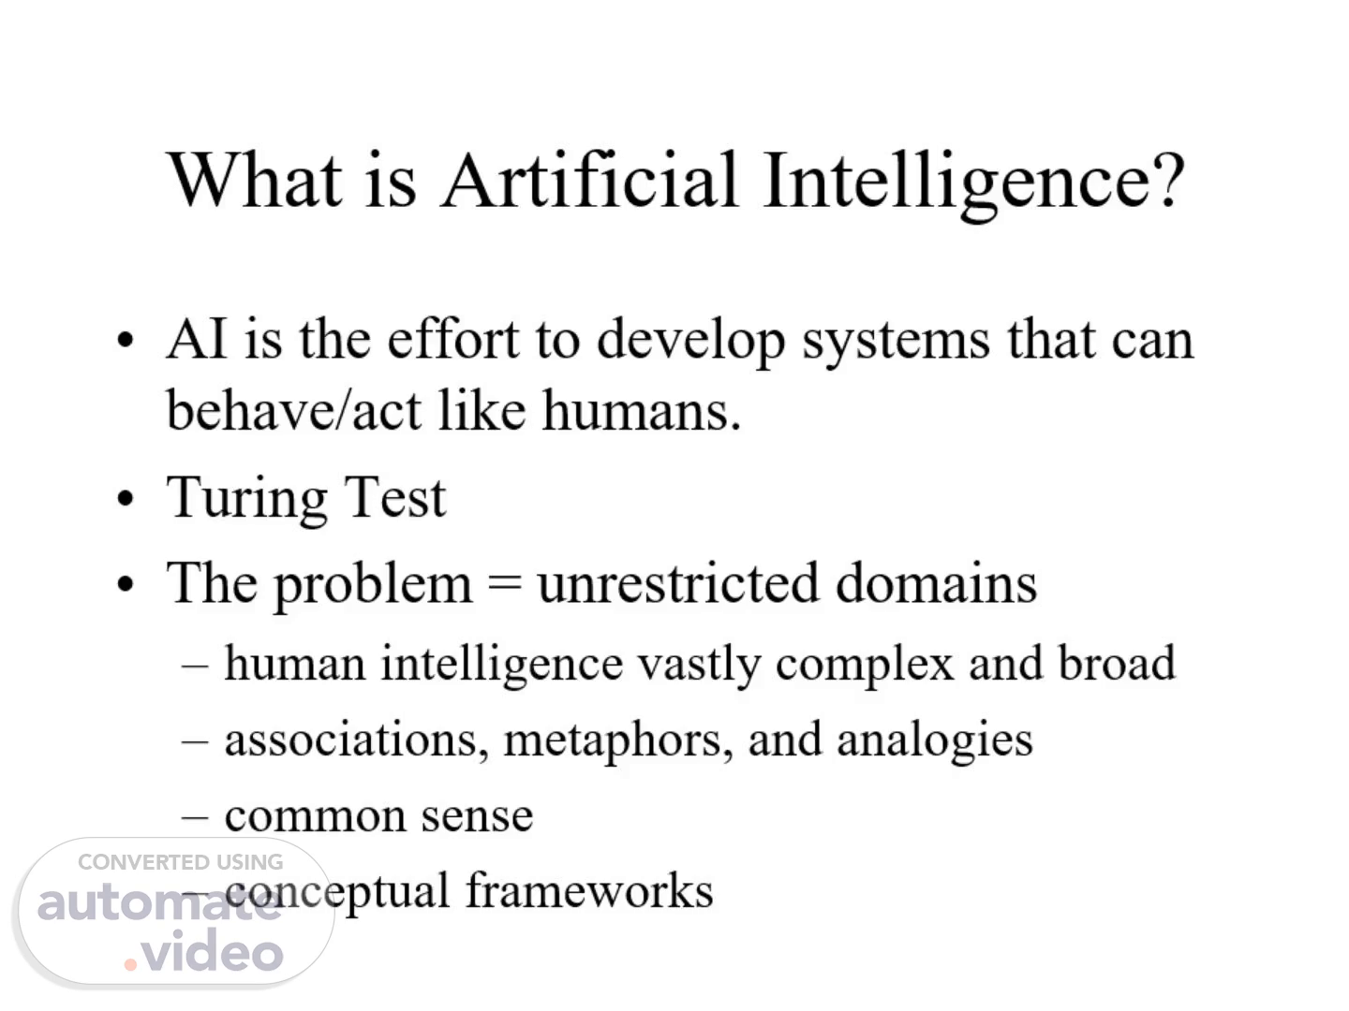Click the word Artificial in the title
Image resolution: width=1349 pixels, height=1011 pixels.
tap(589, 179)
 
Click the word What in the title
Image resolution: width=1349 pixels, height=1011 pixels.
tap(254, 179)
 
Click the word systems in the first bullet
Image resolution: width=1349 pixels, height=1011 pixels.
tap(897, 343)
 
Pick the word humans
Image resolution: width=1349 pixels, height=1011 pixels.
tap(642, 410)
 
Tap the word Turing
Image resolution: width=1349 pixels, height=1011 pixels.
tap(246, 500)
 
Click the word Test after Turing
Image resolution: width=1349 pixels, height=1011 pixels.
tap(394, 497)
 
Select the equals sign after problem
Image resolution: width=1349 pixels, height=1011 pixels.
tap(504, 583)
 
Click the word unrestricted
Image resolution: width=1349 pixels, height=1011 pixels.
tap(678, 582)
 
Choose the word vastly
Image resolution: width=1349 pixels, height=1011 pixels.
tap(699, 666)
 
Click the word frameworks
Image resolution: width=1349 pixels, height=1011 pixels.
tap(590, 889)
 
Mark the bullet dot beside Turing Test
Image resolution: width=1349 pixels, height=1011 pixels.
tap(125, 498)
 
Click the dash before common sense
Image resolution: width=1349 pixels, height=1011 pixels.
tap(195, 817)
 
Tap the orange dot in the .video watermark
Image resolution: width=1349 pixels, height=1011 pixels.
tap(130, 965)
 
